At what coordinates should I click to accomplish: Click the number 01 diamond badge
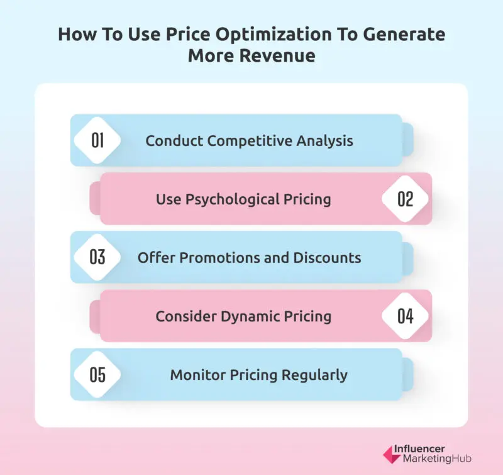[97, 140]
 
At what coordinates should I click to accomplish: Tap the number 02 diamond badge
[406, 199]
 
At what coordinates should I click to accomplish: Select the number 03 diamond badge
[97, 257]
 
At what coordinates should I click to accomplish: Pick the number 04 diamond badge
[406, 316]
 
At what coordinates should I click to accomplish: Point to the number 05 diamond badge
[97, 375]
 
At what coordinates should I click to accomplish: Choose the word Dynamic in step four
[252, 316]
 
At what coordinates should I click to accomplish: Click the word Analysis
[326, 140]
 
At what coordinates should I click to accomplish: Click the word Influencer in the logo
[419, 449]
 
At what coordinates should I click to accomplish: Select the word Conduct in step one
[172, 140]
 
